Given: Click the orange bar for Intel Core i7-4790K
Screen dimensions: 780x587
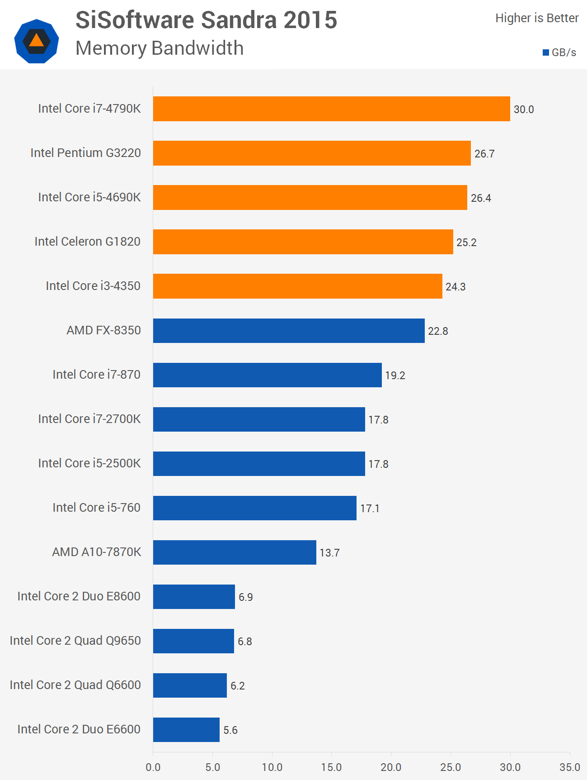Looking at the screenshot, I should [x=331, y=109].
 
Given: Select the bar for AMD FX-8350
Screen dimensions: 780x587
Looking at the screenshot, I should [x=289, y=331].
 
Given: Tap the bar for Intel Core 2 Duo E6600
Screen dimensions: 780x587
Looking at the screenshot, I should [x=186, y=730].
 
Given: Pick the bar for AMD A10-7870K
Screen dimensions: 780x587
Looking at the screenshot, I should [x=235, y=552].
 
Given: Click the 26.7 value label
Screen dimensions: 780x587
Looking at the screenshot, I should [x=484, y=154].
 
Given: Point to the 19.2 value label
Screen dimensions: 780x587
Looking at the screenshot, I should [x=395, y=376].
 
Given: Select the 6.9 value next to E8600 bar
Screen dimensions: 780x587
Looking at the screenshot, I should [x=245, y=597].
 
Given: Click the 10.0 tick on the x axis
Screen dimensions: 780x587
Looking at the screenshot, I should [x=272, y=767].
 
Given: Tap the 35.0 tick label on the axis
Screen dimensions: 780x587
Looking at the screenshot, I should [x=569, y=767].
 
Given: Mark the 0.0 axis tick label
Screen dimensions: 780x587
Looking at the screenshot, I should [x=153, y=767].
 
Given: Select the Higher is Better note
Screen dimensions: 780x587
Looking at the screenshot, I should [x=536, y=18].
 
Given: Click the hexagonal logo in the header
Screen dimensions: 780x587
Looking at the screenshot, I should [x=37, y=41].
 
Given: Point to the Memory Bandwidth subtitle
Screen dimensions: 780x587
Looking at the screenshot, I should [x=160, y=48].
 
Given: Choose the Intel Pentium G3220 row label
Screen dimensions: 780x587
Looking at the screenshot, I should [x=85, y=153].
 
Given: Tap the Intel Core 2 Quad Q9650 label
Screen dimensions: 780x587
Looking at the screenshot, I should [x=75, y=641].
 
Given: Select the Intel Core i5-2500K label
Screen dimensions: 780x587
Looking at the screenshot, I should [x=89, y=463].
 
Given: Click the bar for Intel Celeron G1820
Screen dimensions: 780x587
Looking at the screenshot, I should [x=303, y=242].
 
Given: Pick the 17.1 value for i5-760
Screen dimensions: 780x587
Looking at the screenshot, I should [x=370, y=509].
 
